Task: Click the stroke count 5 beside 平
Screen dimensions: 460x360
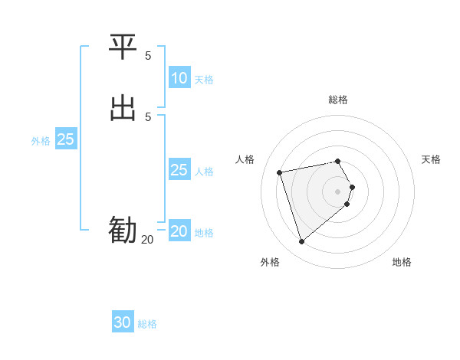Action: click(x=148, y=56)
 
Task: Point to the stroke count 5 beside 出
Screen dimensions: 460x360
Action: click(x=148, y=116)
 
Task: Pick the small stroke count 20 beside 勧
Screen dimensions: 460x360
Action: click(x=147, y=240)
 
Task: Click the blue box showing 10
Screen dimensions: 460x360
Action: click(x=179, y=78)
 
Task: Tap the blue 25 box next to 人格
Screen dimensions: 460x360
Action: click(x=179, y=170)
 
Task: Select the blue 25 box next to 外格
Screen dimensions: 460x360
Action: click(x=65, y=139)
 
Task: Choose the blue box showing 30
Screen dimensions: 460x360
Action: click(x=123, y=322)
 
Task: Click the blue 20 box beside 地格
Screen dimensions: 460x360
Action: click(x=179, y=231)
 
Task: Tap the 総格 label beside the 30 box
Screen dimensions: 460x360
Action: click(x=147, y=324)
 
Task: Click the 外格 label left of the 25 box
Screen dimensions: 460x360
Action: click(x=41, y=141)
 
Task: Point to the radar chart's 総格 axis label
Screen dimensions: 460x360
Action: click(x=338, y=100)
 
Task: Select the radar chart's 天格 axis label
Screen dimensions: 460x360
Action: click(x=431, y=159)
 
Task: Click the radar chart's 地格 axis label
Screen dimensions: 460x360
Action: click(x=402, y=262)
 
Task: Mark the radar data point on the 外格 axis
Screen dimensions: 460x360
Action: click(x=301, y=242)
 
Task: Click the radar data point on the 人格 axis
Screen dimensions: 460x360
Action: click(x=280, y=172)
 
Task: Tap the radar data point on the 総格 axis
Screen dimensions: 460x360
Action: click(x=338, y=161)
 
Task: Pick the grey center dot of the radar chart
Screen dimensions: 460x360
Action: click(x=338, y=191)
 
